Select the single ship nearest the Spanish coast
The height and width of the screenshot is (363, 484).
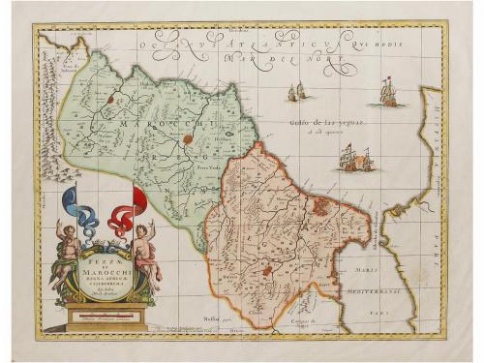(388, 93)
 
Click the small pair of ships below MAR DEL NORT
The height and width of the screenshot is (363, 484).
(296, 92)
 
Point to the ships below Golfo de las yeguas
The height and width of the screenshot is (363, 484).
(354, 160)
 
